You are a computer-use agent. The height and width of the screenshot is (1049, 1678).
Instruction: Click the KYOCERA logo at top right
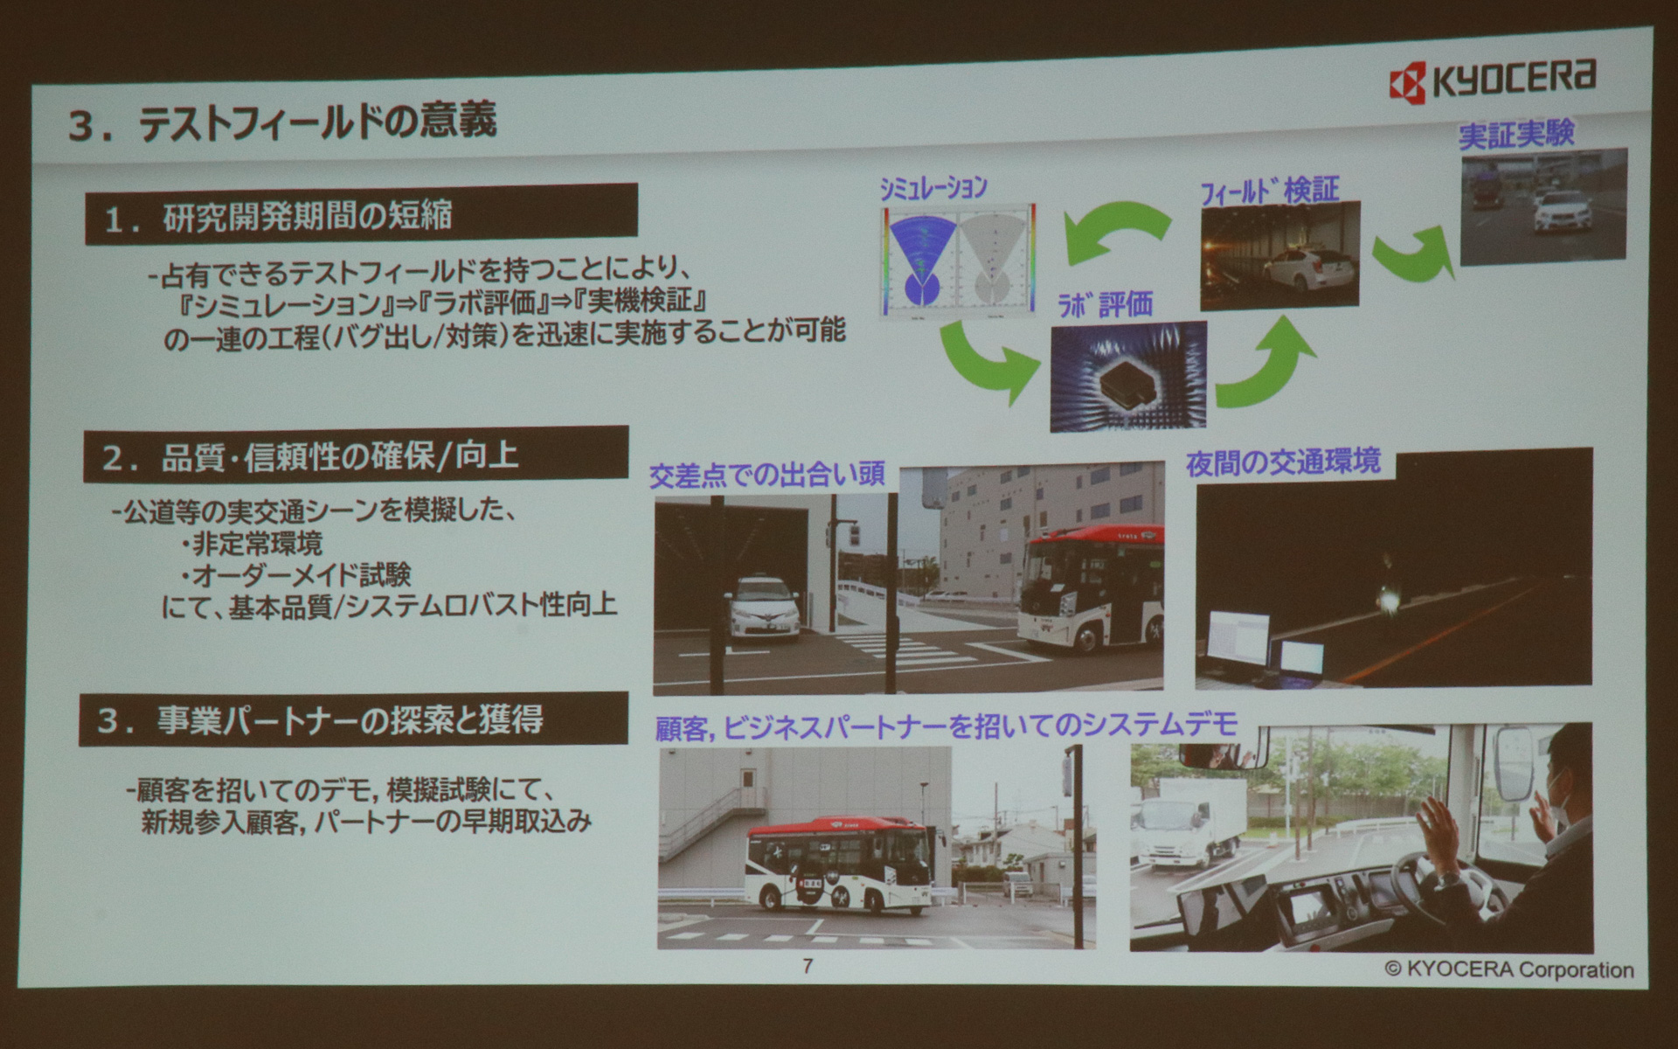[x=1492, y=80]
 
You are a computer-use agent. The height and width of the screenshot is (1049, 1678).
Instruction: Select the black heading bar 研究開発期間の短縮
[x=360, y=215]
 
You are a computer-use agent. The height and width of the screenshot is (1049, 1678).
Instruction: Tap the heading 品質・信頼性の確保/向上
[x=356, y=455]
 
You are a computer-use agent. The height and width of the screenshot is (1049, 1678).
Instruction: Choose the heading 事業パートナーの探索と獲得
[x=353, y=720]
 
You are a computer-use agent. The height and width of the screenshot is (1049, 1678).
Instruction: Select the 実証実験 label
[x=1515, y=134]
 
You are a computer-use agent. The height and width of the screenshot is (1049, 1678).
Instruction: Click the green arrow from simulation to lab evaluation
[x=993, y=360]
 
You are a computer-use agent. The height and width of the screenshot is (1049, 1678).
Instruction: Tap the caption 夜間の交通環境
[x=1282, y=462]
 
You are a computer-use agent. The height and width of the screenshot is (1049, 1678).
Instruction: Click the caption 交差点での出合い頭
[x=766, y=475]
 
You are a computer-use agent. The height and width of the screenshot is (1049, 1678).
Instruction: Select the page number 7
[x=807, y=966]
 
